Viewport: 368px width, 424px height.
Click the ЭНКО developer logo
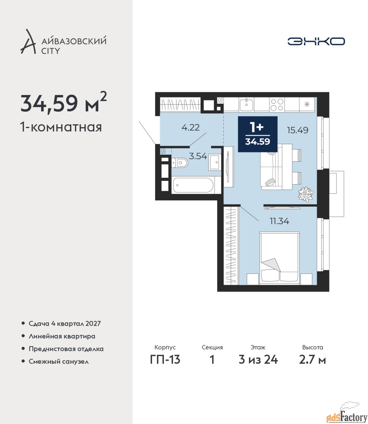click(316, 41)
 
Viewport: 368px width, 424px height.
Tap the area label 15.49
click(298, 130)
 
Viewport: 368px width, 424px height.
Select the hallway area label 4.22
click(190, 128)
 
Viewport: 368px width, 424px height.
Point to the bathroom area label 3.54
click(198, 156)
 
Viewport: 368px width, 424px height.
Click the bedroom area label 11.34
click(279, 221)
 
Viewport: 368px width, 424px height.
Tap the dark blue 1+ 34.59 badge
click(258, 134)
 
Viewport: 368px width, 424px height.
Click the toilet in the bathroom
click(180, 163)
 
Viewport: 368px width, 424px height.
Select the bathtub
click(192, 185)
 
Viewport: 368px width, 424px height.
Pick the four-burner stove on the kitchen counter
click(277, 105)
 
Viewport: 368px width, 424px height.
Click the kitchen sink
click(246, 104)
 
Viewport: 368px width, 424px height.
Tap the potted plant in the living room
click(306, 194)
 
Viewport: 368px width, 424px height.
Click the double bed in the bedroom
click(279, 258)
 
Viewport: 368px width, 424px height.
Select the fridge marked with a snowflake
click(307, 105)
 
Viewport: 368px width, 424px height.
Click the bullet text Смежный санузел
click(58, 361)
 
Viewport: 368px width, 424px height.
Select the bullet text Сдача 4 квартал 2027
click(65, 324)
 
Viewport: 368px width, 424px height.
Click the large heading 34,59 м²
click(63, 103)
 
